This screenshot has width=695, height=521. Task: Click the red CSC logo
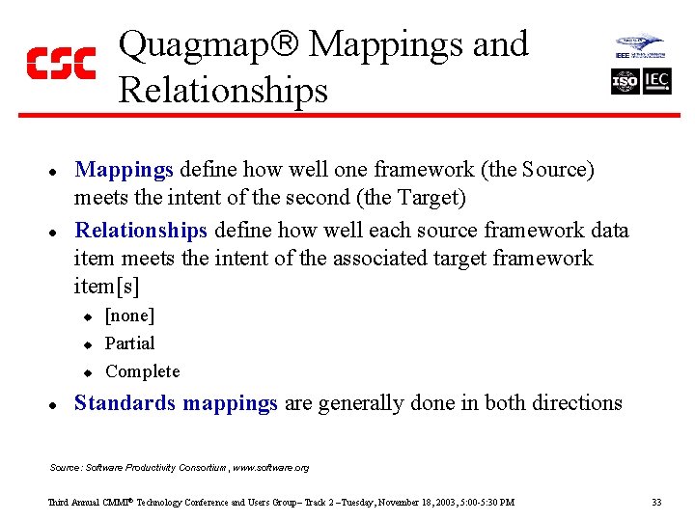(61, 63)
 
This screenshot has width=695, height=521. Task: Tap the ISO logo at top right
(625, 81)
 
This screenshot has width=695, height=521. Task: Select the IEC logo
(657, 81)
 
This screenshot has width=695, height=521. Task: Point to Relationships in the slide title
(223, 91)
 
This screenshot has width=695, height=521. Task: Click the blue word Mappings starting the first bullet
(124, 171)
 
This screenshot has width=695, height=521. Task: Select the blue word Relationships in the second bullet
(141, 231)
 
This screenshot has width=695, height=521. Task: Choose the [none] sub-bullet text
(129, 315)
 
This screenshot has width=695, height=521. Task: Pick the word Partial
(129, 343)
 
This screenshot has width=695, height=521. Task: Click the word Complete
(142, 371)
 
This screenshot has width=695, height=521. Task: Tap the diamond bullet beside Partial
(86, 344)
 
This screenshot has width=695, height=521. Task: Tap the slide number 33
(656, 502)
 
